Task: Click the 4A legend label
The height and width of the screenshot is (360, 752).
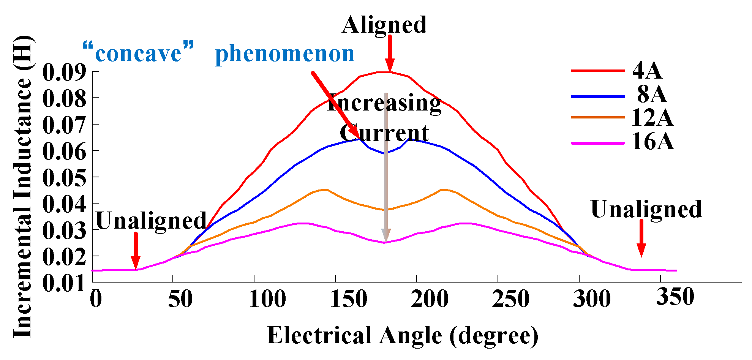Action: coord(647,71)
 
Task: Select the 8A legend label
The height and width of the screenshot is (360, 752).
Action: coord(652,94)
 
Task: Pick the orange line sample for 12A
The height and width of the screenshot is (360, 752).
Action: coord(598,117)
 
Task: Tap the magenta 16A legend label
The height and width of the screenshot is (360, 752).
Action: coord(652,142)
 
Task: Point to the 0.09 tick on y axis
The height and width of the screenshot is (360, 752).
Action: coord(64,72)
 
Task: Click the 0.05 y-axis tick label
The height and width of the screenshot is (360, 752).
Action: coord(64,178)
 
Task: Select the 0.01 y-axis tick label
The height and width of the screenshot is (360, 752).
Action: coord(64,283)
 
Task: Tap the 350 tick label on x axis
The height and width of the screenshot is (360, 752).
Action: coord(675,297)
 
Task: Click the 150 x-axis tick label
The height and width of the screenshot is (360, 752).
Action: coord(349,299)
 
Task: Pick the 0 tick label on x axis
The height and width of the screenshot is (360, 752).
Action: coord(96,299)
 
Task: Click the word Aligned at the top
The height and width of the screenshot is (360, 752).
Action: coord(384,25)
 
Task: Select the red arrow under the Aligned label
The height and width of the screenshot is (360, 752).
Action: coord(390,53)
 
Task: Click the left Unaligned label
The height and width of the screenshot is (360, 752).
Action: coord(151,221)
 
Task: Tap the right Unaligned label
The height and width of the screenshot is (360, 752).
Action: coord(646,209)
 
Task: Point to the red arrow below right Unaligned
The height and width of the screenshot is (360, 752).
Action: coord(641,238)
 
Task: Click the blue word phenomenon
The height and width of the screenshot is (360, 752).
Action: coord(284,54)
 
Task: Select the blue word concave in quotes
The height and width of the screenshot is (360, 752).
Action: coord(138,54)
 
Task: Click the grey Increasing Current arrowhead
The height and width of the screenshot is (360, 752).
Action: coord(386,235)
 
